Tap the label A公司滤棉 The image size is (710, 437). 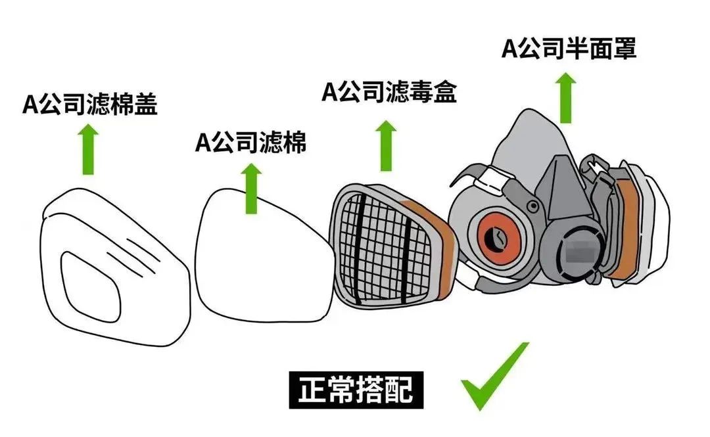click(x=251, y=142)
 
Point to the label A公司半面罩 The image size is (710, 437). click(x=569, y=49)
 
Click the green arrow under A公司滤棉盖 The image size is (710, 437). click(x=88, y=150)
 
